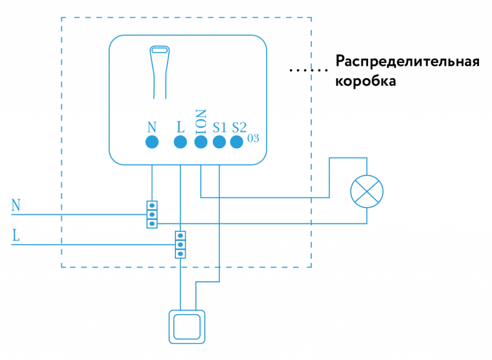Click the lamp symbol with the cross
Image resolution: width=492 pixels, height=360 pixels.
coord(367,191)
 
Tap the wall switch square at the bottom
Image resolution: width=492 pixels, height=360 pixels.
coord(186,326)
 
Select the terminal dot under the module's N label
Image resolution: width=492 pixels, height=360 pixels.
coord(152,142)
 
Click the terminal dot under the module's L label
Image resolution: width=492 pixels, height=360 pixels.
coord(180,142)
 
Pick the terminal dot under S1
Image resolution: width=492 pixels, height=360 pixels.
coord(219,142)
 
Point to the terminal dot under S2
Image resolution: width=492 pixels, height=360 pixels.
coord(236,142)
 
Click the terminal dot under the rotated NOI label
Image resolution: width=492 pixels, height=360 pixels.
coord(200,142)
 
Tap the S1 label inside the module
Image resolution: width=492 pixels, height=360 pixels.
coord(220,127)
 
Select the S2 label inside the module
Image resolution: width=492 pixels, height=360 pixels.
coord(239,127)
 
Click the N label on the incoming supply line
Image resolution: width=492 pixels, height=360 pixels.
coord(16,206)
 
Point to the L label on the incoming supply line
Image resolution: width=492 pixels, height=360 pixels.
coord(16,236)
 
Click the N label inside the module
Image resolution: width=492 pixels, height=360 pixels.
coord(152,127)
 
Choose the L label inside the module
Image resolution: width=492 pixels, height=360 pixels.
coord(180,127)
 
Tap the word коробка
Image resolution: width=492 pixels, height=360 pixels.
coord(366,81)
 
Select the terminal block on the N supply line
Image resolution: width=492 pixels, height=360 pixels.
coord(152,214)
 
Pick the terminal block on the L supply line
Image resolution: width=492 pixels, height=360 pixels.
coord(180,244)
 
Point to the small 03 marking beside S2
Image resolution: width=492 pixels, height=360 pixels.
coord(253,138)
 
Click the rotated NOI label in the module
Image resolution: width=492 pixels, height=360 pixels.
coord(201,121)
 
